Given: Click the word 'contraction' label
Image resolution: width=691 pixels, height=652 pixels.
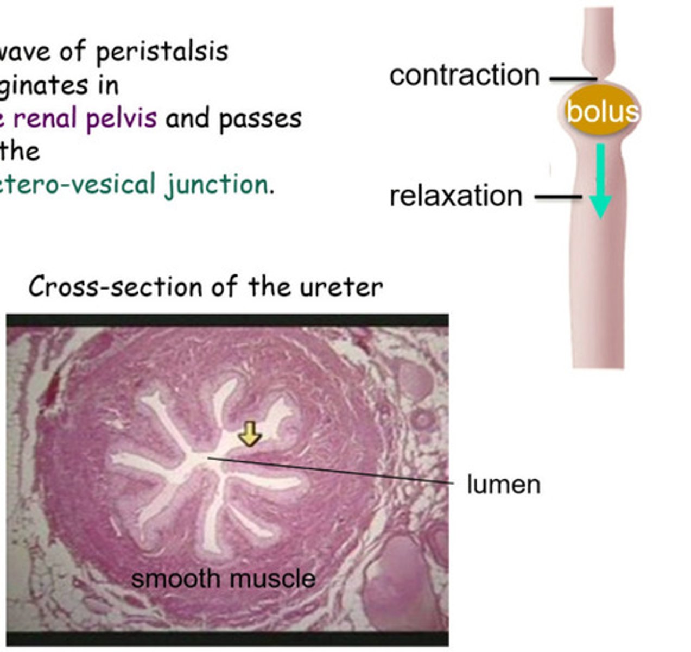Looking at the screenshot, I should (x=464, y=76).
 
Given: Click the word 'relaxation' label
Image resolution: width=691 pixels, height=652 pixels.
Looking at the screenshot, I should (x=456, y=196).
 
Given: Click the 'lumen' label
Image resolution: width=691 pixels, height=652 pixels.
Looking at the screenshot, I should (x=504, y=484).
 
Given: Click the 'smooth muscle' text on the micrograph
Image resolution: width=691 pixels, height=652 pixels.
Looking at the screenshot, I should (x=223, y=579).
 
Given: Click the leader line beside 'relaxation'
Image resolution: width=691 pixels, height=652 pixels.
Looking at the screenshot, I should (x=558, y=197).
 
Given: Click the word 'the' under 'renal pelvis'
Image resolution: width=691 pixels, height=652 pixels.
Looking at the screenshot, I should (x=20, y=152).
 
